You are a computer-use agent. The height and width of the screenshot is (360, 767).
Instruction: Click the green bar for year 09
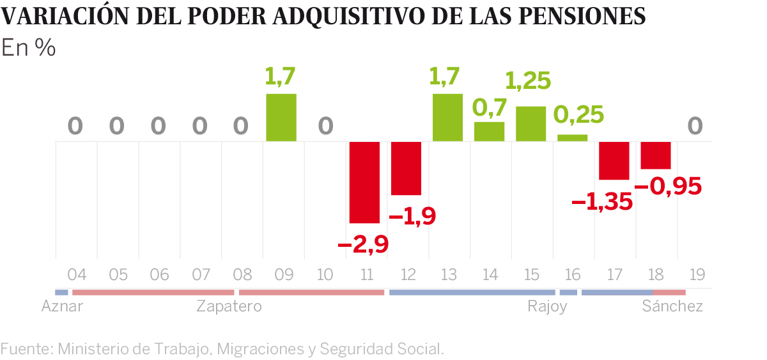[281, 118]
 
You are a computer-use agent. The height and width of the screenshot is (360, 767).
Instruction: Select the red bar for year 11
[364, 182]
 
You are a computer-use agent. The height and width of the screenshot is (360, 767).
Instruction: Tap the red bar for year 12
[406, 168]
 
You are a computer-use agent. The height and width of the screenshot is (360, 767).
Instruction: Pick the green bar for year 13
[447, 118]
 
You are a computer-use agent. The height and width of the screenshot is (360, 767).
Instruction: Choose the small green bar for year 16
[572, 137]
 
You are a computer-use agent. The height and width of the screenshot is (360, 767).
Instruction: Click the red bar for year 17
[614, 160]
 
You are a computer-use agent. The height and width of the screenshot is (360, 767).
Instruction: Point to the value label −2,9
[362, 244]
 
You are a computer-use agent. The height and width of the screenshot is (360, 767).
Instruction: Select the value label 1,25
[528, 81]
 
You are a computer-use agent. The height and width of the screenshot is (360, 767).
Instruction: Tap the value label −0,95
[668, 186]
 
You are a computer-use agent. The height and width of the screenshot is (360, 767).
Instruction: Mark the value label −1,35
[602, 203]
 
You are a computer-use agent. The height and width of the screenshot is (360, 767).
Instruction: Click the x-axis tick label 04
[77, 276]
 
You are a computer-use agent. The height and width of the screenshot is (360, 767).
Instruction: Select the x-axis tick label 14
[490, 276]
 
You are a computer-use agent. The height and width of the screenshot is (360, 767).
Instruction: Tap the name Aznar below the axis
[62, 307]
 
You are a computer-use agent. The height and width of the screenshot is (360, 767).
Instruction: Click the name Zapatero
[229, 307]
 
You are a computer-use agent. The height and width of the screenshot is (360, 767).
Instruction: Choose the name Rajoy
[547, 307]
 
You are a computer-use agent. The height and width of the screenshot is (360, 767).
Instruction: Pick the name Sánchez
[672, 306]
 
